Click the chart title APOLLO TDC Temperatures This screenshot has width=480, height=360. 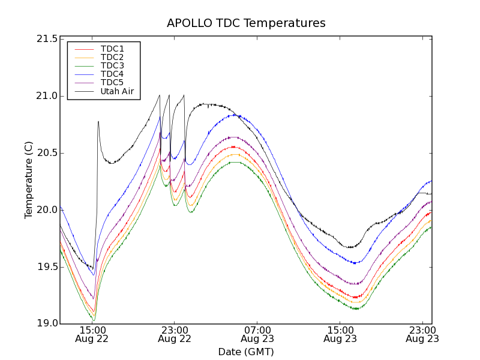coord(246,23)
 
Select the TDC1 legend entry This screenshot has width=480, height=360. coord(112,49)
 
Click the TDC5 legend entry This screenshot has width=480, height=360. coord(112,83)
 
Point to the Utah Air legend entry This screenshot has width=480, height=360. coord(116,92)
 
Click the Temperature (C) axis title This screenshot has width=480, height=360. coord(29,180)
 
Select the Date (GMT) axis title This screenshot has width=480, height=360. coord(246,352)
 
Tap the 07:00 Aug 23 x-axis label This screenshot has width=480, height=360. coord(257,334)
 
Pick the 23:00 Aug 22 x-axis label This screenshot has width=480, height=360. coord(175,334)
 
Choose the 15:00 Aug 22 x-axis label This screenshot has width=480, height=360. coord(92,334)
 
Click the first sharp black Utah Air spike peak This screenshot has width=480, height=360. coord(98,122)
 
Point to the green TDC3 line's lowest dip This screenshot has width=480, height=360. coord(94,320)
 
